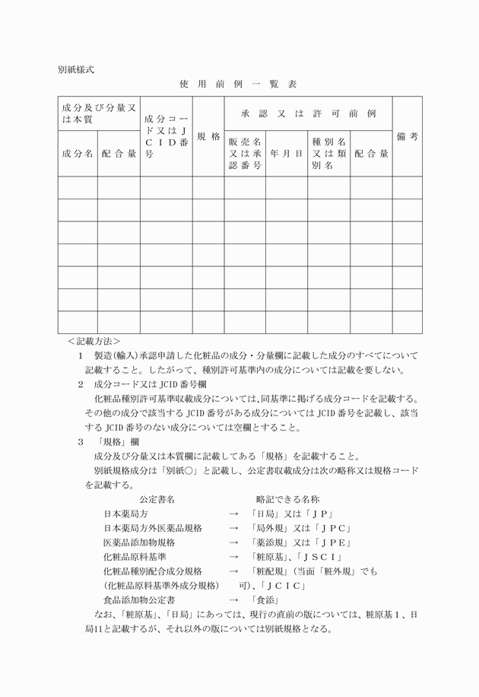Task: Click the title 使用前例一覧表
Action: point(239,83)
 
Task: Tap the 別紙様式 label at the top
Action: point(76,68)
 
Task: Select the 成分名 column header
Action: point(78,154)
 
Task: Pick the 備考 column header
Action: point(407,137)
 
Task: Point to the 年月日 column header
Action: point(286,154)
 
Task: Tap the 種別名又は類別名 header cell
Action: point(328,154)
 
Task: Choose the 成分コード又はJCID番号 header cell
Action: point(166,137)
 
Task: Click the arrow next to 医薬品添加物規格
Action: point(233,543)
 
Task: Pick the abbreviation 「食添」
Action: point(265,600)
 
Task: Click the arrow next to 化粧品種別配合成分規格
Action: point(233,571)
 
